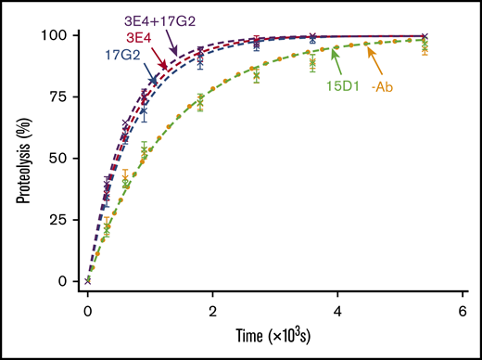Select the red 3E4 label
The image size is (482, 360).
click(116, 37)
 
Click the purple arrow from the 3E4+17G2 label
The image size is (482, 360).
click(173, 42)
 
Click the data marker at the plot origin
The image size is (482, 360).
click(87, 280)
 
